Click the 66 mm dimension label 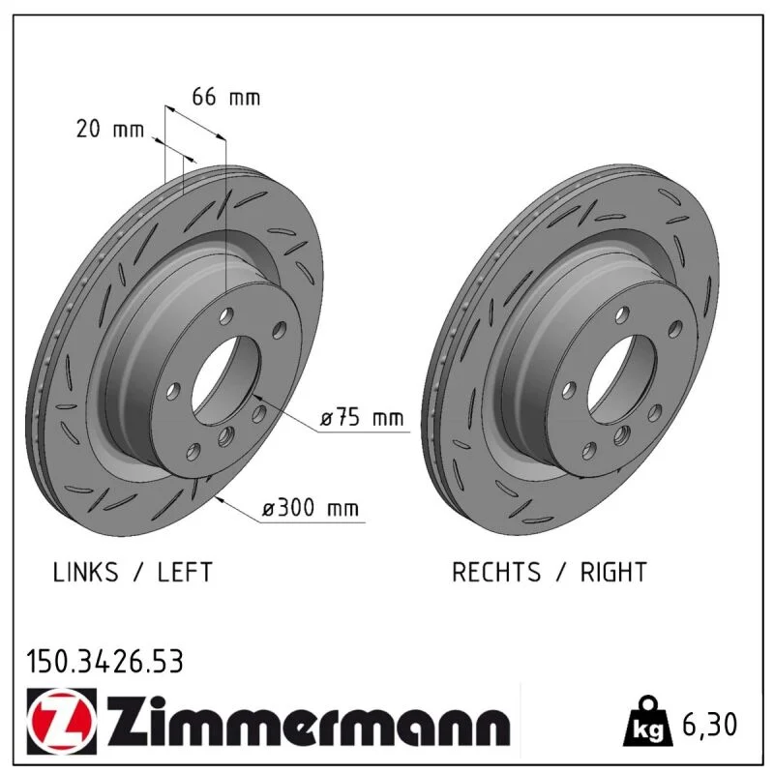[x=225, y=97]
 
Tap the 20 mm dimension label [x=110, y=129]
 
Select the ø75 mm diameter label [x=362, y=418]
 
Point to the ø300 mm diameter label [x=311, y=507]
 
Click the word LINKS [x=85, y=572]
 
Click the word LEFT [x=185, y=572]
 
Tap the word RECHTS [x=496, y=572]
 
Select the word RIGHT [x=613, y=572]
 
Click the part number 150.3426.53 [x=104, y=662]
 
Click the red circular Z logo [x=62, y=721]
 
